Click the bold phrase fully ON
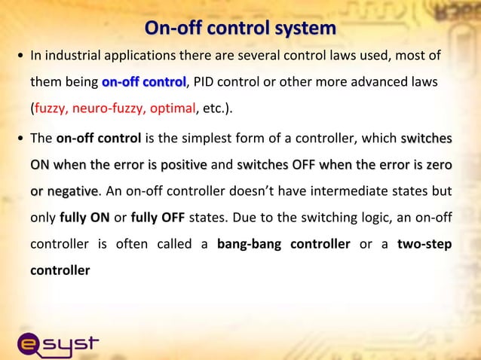coord(84,218)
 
